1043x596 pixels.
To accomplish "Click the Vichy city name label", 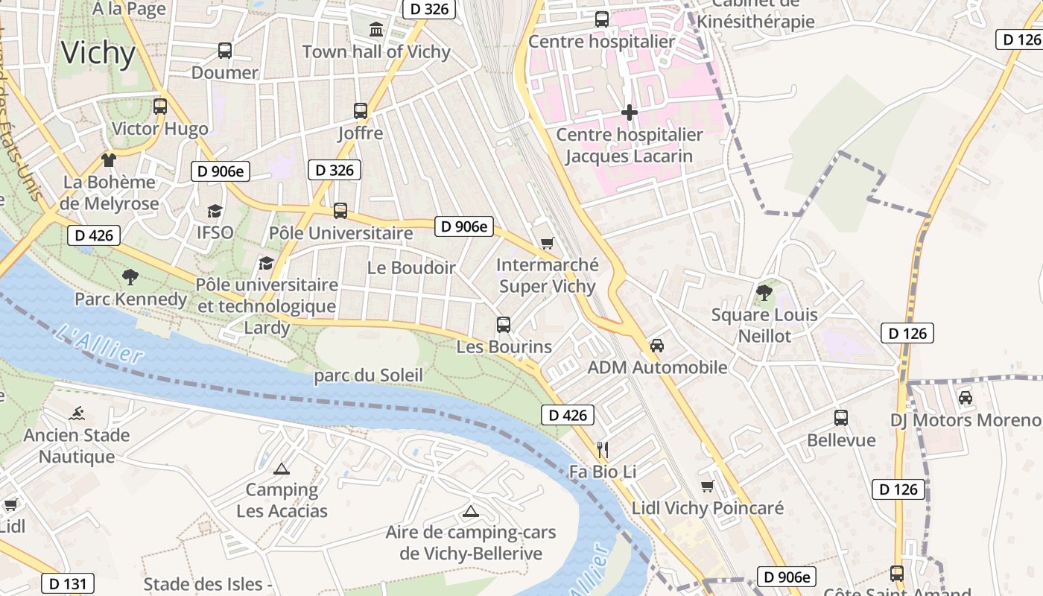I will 98,54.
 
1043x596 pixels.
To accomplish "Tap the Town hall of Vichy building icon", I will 376,30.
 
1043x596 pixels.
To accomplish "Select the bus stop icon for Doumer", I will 225,51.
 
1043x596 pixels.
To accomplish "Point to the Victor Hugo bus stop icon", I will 160,107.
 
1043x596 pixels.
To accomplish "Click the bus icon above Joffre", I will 361,111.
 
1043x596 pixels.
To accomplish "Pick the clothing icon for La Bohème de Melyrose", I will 109,159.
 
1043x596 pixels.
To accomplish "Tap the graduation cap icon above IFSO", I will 215,211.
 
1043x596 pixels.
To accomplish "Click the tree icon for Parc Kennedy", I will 130,277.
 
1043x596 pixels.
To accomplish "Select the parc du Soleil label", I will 368,375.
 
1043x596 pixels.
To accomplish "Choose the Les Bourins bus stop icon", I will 504,325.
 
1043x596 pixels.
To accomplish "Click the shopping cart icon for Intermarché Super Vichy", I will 548,243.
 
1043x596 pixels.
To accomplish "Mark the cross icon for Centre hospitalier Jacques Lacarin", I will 630,112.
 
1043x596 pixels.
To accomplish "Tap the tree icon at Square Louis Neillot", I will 764,292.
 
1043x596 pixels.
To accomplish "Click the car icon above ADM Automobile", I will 657,346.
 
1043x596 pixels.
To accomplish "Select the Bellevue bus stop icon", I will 841,418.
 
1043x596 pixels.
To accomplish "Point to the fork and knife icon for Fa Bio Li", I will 603,449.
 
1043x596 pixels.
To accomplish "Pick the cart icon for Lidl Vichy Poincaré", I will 707,486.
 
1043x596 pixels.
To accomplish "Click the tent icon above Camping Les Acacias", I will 281,469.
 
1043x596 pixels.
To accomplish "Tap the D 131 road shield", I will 68,583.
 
